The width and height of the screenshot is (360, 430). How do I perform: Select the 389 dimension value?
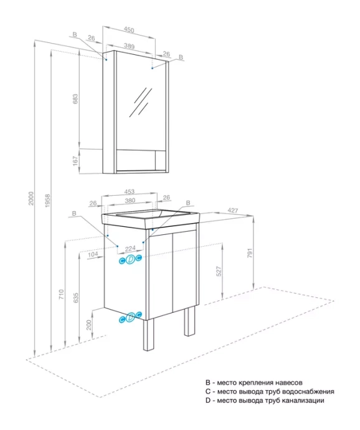(129, 46)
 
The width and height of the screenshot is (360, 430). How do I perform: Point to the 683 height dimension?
(75, 99)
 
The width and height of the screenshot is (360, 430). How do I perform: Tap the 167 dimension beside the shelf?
(75, 161)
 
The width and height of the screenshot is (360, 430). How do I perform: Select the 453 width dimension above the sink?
(129, 191)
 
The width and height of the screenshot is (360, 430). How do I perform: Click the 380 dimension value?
(130, 201)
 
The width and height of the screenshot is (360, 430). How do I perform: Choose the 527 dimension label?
(219, 272)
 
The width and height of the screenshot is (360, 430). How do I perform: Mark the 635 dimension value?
(76, 299)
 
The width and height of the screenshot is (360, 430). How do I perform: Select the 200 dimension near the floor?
(89, 325)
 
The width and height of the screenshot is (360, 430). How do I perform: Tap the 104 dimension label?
(93, 255)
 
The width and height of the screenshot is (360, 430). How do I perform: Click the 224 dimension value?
(130, 249)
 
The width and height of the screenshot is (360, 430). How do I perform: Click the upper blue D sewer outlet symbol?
(130, 259)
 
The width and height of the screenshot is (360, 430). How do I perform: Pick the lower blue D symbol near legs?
(130, 317)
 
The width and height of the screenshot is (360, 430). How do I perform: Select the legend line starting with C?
(269, 391)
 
